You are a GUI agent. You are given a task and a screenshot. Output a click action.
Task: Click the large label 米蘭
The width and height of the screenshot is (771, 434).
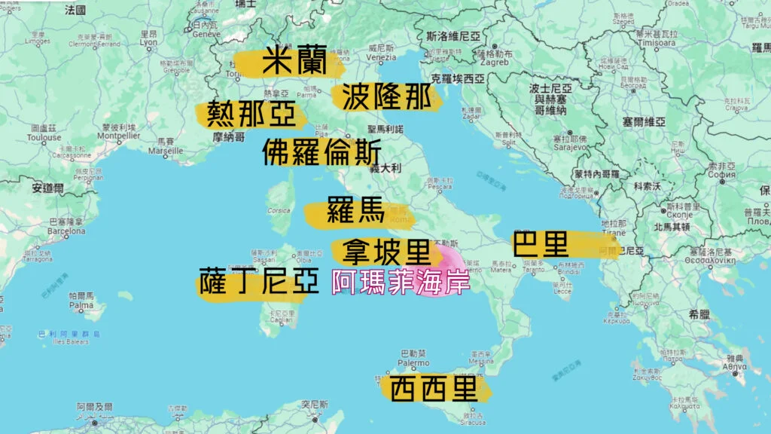click(x=294, y=62)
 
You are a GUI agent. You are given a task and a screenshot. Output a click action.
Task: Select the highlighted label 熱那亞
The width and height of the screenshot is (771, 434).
click(x=251, y=115)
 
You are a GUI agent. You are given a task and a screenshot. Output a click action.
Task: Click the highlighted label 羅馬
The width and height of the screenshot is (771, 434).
click(x=355, y=212)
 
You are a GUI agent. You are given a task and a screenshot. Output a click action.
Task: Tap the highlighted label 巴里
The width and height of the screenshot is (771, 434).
click(x=540, y=244)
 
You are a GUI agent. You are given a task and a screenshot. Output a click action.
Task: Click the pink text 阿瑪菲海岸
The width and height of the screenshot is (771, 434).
click(x=401, y=284)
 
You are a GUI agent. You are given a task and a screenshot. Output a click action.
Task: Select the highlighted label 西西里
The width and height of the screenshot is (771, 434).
click(x=434, y=390)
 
